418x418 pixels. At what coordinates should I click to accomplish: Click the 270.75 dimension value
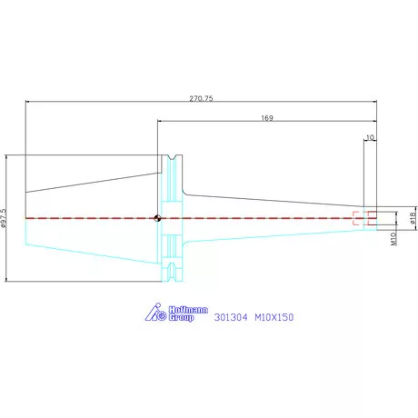pyautogui.click(x=201, y=98)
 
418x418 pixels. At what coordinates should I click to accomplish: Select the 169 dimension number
pyautogui.click(x=267, y=118)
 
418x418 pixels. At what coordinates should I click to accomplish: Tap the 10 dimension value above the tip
pyautogui.click(x=370, y=137)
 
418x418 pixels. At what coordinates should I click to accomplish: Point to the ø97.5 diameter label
pyautogui.click(x=4, y=218)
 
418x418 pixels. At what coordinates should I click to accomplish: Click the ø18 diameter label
pyautogui.click(x=413, y=218)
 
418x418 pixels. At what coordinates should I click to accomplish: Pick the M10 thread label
pyautogui.click(x=393, y=239)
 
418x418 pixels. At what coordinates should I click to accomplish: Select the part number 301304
pyautogui.click(x=231, y=317)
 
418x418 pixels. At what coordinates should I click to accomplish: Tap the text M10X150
pyautogui.click(x=274, y=317)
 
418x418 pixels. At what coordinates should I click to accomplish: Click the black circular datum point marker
pyautogui.click(x=157, y=218)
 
